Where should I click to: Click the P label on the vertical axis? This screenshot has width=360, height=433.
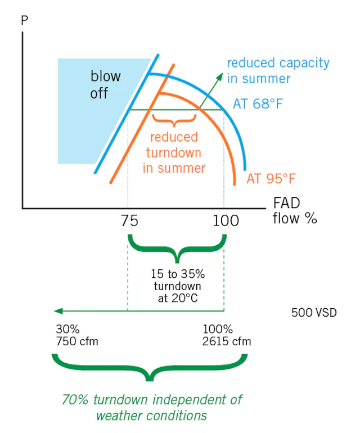[25, 20]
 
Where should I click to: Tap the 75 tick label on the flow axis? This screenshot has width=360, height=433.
[129, 221]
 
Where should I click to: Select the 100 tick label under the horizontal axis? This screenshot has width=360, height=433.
[226, 221]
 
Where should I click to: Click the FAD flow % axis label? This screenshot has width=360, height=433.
[295, 211]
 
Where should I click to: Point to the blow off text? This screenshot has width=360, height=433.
[105, 84]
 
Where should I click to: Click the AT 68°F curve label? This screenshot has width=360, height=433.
[258, 104]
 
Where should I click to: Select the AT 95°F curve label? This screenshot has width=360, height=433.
[271, 178]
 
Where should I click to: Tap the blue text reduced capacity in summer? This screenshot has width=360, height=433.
[278, 71]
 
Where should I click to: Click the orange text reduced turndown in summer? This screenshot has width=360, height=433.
[174, 153]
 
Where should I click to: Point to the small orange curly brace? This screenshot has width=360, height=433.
[174, 121]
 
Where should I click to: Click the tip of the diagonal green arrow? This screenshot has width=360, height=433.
[222, 73]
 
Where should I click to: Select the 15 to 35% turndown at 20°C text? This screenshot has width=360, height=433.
[178, 286]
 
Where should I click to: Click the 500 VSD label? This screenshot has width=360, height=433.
[314, 313]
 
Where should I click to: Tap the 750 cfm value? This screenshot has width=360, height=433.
[77, 341]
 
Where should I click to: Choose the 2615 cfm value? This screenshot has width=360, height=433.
[227, 341]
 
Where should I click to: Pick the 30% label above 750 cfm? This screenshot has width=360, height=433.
[67, 329]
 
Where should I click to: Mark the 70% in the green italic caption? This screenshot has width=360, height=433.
[75, 400]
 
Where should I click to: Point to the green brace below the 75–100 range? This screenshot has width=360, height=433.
[177, 249]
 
